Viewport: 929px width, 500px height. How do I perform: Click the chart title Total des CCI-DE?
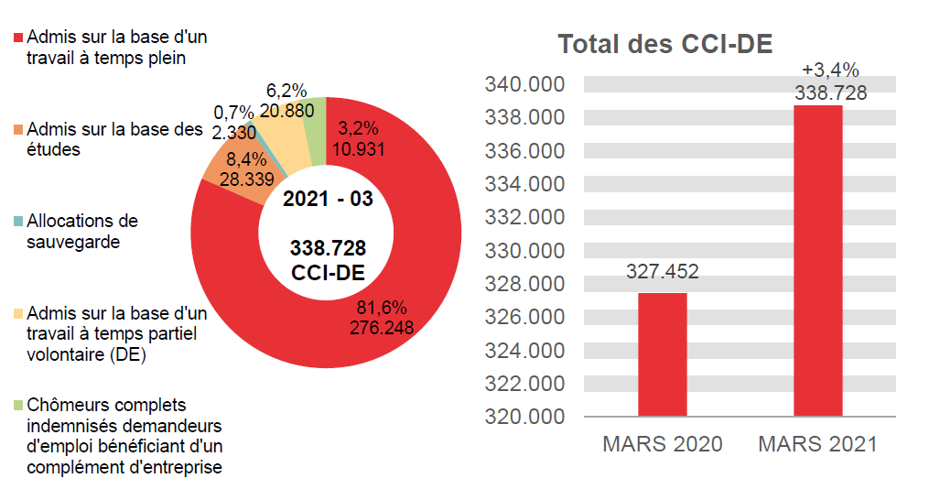coord(665,44)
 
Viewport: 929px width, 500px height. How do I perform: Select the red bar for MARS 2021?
coord(817,260)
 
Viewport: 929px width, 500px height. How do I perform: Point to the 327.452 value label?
coord(662,272)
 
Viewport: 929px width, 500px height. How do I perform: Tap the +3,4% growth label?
coord(830,70)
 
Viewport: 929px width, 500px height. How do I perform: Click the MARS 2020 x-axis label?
coord(662,445)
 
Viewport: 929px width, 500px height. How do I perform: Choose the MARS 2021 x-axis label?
coord(817,445)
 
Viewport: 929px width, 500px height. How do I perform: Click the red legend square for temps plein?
coord(18,38)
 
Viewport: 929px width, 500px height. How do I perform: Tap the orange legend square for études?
coord(18,130)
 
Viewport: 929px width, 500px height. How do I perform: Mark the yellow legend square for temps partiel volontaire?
coord(18,313)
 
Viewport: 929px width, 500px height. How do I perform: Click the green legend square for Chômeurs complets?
coord(18,405)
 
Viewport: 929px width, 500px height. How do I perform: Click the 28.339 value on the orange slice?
coord(246,179)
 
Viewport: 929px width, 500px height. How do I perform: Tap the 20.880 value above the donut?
coord(286,111)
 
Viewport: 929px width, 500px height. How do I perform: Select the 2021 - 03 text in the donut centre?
coord(328,199)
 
